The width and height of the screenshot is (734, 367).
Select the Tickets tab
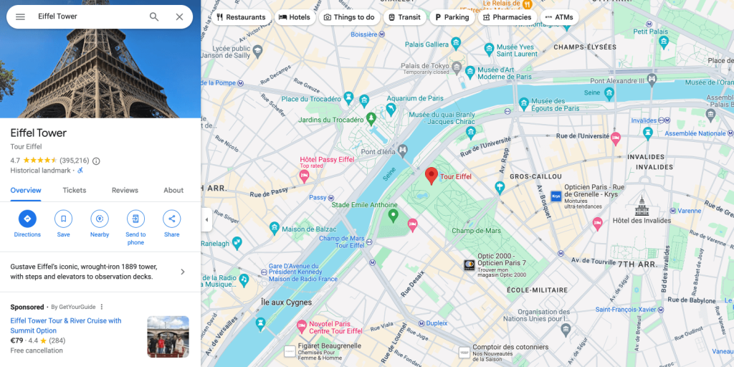click(75, 191)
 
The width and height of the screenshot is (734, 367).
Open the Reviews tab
click(125, 191)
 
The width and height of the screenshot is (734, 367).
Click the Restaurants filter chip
click(241, 17)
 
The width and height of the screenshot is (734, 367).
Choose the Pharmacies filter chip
click(507, 17)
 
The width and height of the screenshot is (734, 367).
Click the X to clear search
click(179, 16)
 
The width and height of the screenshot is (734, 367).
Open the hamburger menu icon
click(20, 16)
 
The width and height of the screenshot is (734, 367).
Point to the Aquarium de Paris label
click(415, 98)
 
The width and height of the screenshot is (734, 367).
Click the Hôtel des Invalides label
click(636, 220)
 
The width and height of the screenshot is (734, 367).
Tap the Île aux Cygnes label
click(286, 302)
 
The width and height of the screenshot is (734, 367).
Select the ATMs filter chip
click(559, 17)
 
